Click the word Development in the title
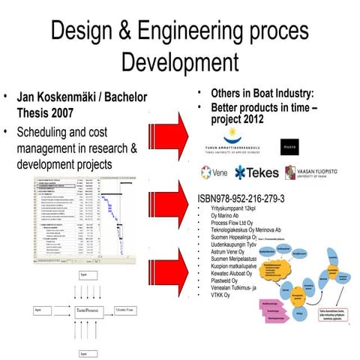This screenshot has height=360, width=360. (x=179, y=60)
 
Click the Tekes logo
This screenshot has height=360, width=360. (x=255, y=172)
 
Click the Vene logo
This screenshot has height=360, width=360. (x=216, y=172)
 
